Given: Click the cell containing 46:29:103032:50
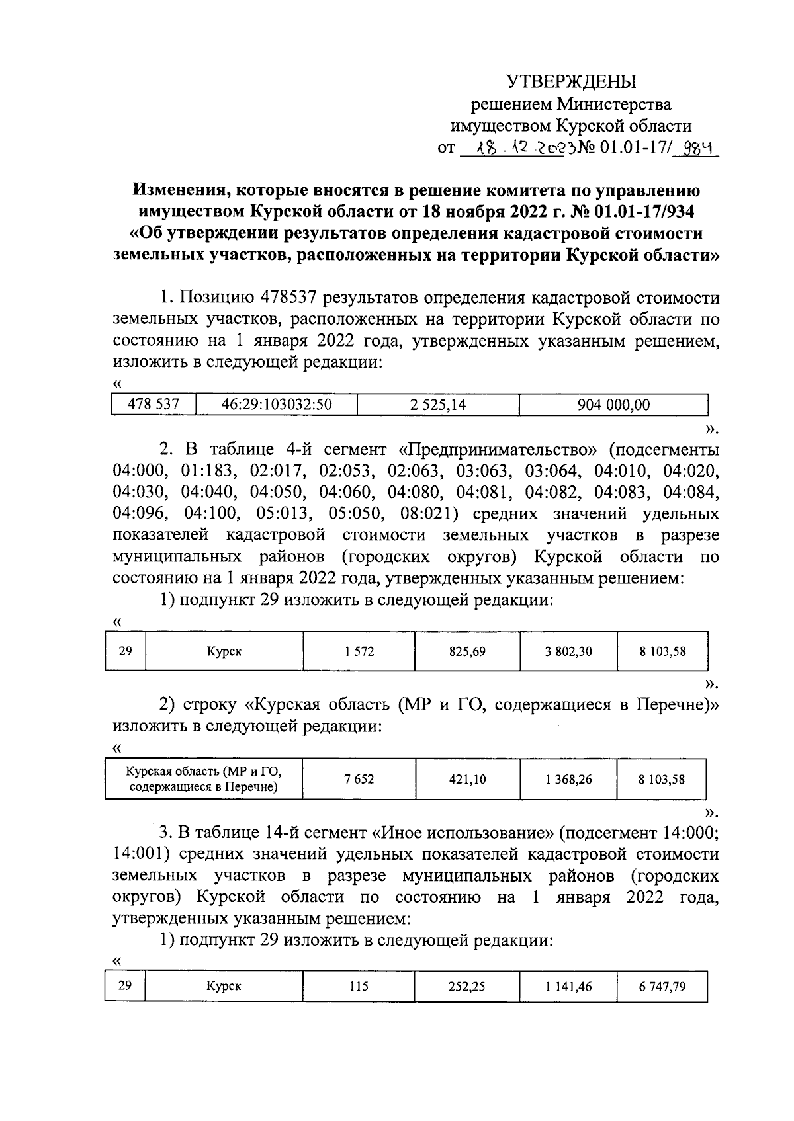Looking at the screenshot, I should point(276,405).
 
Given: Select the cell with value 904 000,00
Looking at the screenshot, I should point(613,405).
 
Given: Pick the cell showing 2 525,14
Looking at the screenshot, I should point(437,405).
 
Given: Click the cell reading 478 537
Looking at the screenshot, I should point(154,405).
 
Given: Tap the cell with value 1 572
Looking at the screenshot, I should point(359,651).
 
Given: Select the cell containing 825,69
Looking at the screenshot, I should point(467,651).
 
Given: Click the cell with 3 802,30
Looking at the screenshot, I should point(568,651).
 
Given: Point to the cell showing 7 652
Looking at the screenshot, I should point(359,779).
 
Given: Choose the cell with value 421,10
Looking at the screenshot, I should point(467,779).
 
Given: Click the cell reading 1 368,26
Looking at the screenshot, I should point(568,779).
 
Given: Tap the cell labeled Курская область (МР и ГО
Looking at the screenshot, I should point(204,779).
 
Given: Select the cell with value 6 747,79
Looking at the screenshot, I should point(662,987).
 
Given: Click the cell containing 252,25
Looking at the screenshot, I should point(467,987).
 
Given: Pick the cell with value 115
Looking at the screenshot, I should point(359,987).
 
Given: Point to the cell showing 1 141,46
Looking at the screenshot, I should point(568,987).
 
